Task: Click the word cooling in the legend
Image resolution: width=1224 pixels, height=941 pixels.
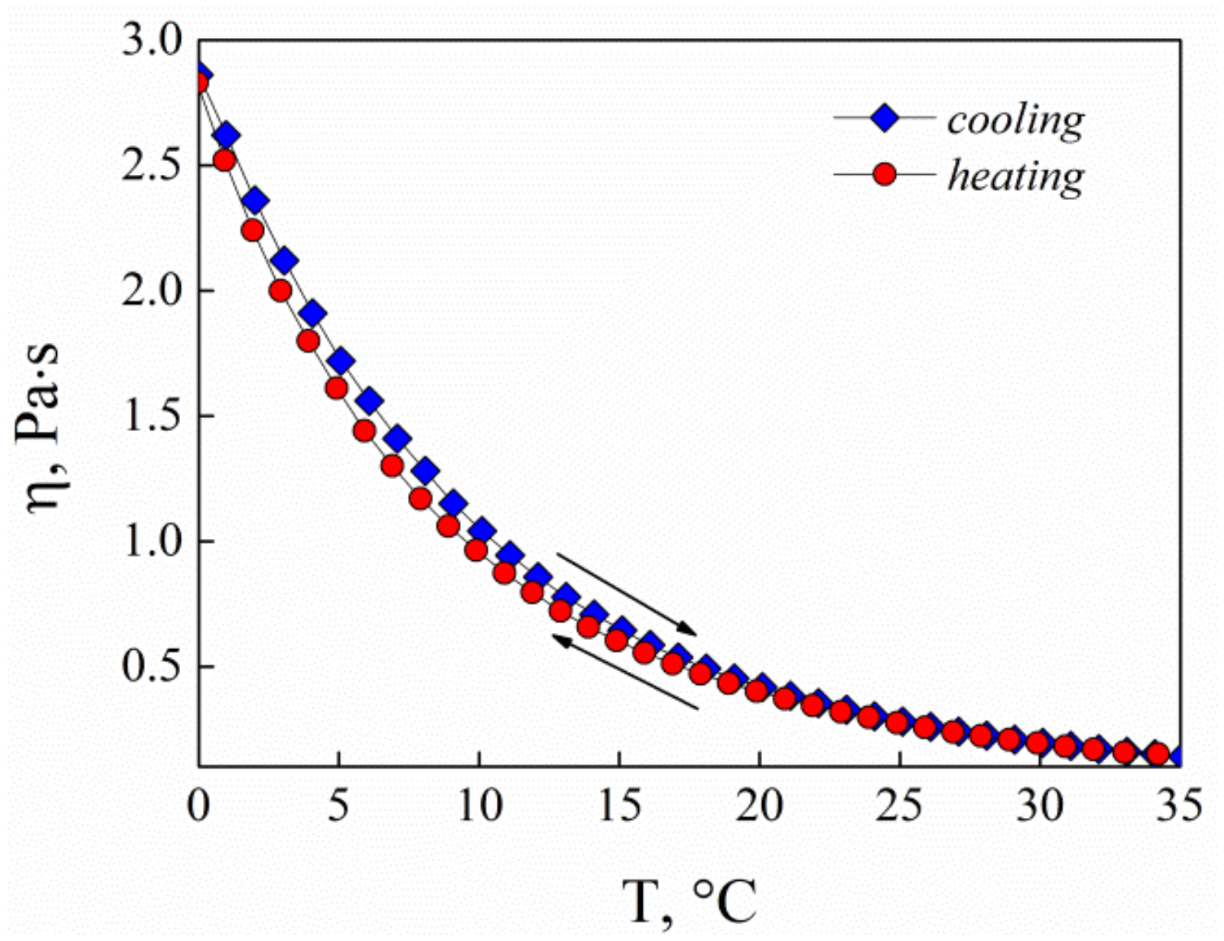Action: [x=1015, y=120]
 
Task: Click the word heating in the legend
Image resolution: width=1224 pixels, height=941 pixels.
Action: [x=1015, y=176]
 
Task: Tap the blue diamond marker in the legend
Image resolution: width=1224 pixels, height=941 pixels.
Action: [x=885, y=119]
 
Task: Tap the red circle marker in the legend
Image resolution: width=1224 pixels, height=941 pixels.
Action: [x=885, y=175]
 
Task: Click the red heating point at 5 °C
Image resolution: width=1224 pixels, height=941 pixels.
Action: [x=337, y=388]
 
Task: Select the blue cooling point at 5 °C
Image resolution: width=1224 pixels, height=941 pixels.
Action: [x=341, y=362]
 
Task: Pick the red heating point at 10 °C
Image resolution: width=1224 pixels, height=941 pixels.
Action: [x=476, y=550]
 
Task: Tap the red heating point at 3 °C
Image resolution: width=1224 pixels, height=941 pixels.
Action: [x=280, y=291]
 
